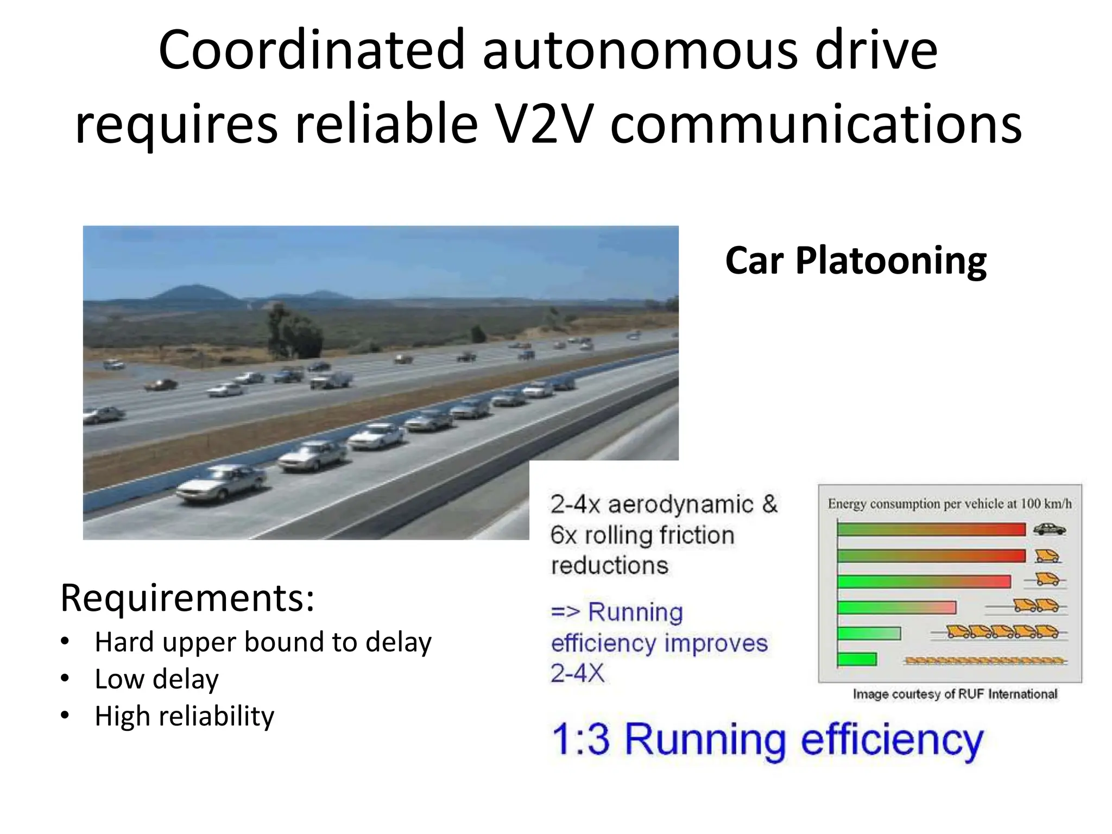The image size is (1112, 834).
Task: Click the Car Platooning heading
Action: [856, 261]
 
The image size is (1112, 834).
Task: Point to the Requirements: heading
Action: [187, 598]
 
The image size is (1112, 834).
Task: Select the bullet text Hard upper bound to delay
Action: [263, 642]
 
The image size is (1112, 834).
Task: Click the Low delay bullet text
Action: [156, 679]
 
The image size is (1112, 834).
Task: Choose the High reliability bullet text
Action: [184, 716]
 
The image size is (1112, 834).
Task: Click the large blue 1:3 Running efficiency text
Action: [767, 740]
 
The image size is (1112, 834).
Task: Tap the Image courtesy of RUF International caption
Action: [955, 694]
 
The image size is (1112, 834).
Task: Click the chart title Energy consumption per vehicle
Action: [949, 504]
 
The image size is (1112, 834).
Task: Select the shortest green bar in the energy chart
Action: [857, 659]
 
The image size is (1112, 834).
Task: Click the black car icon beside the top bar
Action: [1049, 529]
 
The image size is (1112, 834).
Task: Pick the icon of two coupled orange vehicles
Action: [1036, 605]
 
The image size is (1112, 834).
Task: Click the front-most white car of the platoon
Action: [222, 481]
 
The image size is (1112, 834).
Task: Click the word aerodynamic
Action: [680, 504]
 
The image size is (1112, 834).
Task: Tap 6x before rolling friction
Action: [563, 535]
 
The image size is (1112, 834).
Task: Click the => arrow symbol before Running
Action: [565, 612]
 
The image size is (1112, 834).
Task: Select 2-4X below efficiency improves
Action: [577, 674]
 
